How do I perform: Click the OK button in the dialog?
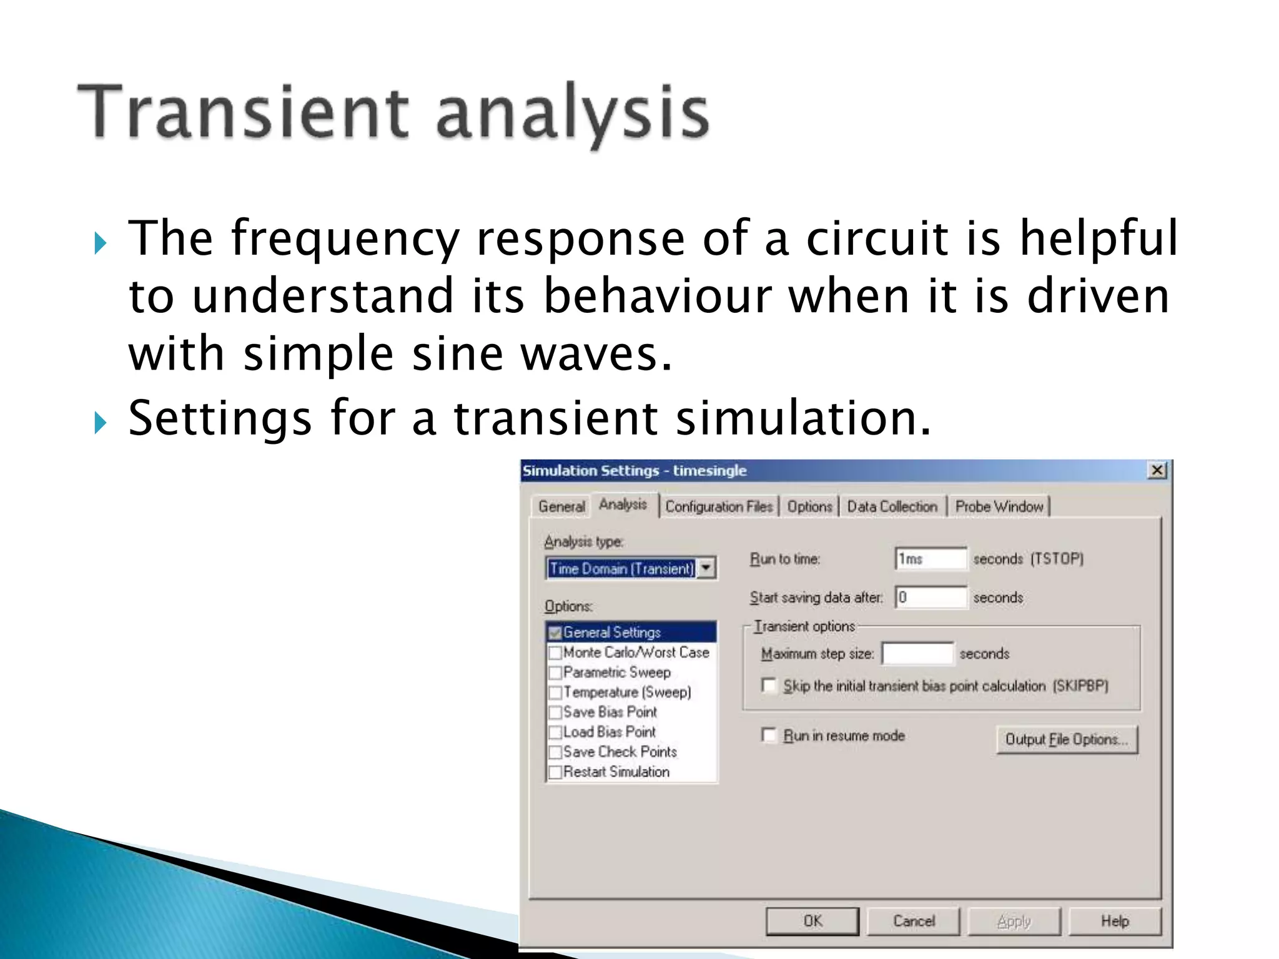point(812,921)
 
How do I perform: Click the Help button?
point(1115,921)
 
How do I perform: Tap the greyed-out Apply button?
point(1014,921)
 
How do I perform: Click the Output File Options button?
point(1067,739)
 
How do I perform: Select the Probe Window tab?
point(999,506)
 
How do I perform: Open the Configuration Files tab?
point(719,506)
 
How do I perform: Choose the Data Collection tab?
point(892,506)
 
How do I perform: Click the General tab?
point(561,506)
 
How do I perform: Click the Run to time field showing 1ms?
point(931,559)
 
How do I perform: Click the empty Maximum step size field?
point(917,654)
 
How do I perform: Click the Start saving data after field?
point(931,598)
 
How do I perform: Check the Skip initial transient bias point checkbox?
point(769,686)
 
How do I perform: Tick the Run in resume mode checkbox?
point(769,735)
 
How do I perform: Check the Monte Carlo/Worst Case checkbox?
point(555,653)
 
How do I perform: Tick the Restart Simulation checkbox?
point(555,772)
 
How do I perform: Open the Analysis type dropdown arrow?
point(706,568)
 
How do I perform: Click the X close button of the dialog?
point(1157,470)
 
